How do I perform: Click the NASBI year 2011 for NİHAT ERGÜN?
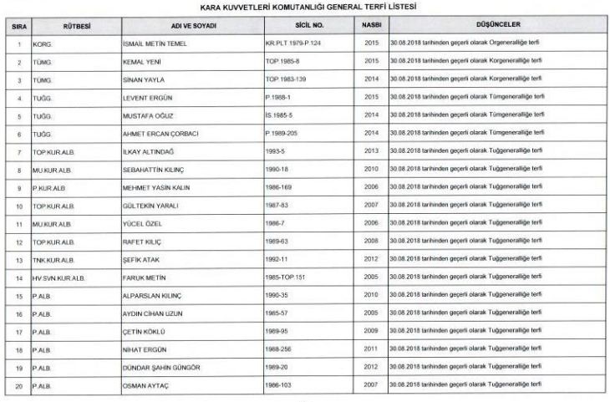tap(372, 349)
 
